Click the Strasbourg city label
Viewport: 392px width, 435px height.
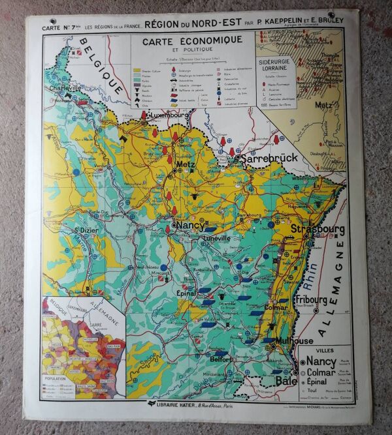pyautogui.click(x=317, y=230)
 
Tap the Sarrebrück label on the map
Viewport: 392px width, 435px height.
pyautogui.click(x=270, y=158)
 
